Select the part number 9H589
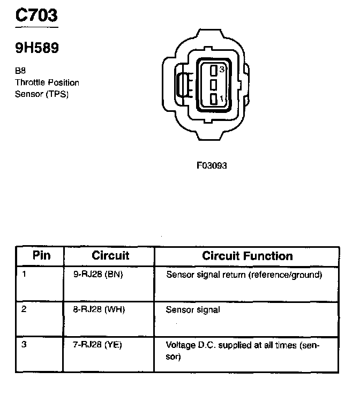pyautogui.click(x=36, y=48)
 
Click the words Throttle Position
pyautogui.click(x=47, y=82)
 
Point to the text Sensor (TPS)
pyautogui.click(x=42, y=94)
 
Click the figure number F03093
pyautogui.click(x=212, y=165)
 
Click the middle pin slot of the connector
pyautogui.click(x=213, y=85)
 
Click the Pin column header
pyautogui.click(x=41, y=255)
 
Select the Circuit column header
pyautogui.click(x=110, y=255)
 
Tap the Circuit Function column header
pyautogui.click(x=247, y=256)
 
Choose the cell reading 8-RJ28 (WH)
pyautogui.click(x=99, y=309)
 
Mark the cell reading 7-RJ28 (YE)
pyautogui.click(x=97, y=345)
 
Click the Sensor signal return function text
pyautogui.click(x=244, y=275)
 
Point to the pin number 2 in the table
pyautogui.click(x=24, y=309)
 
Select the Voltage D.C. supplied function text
pyautogui.click(x=243, y=350)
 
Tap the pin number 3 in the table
pyautogui.click(x=24, y=345)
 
